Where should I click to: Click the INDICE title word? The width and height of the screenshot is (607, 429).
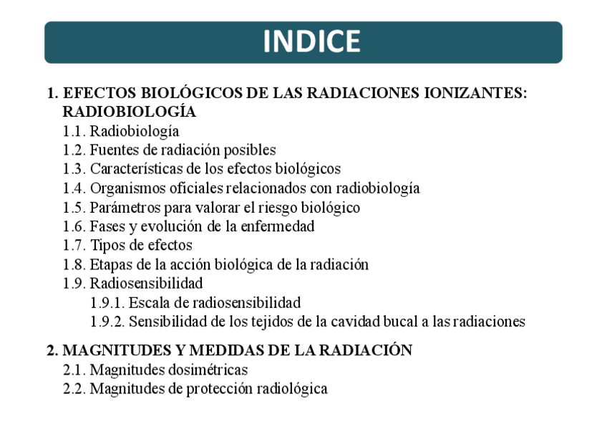311,42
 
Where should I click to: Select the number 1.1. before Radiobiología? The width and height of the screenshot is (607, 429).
74,131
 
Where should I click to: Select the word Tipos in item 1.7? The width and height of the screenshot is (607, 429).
106,246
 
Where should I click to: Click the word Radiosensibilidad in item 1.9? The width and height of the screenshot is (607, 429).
146,284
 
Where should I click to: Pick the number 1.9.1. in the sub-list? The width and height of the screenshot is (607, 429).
107,303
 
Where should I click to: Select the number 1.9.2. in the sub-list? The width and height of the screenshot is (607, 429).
107,322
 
